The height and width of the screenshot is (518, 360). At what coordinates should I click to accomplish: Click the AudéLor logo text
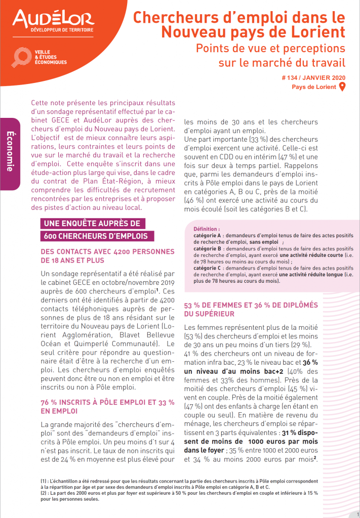click(x=53, y=19)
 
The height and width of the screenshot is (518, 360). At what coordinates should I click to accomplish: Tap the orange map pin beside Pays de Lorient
click(x=342, y=87)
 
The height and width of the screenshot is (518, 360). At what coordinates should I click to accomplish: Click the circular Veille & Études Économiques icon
click(x=22, y=57)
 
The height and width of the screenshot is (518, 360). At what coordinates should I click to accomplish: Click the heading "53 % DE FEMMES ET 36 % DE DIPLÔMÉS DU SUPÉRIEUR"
click(x=251, y=310)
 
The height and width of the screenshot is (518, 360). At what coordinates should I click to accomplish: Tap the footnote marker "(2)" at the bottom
click(x=45, y=492)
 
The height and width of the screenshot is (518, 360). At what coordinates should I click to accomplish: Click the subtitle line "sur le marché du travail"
click(x=282, y=63)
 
